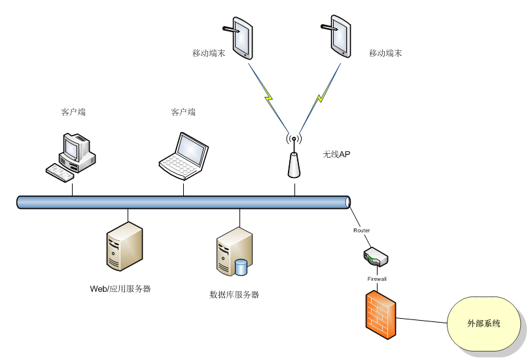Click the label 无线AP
(x=336, y=154)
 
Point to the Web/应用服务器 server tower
(x=124, y=246)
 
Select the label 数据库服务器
(x=234, y=295)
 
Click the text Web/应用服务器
(x=120, y=289)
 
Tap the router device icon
(x=376, y=257)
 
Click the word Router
(x=362, y=230)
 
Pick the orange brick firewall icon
(x=380, y=315)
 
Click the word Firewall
(x=377, y=279)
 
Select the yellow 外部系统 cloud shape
(x=484, y=324)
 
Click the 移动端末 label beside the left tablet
(x=209, y=53)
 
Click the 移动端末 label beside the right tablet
(x=385, y=53)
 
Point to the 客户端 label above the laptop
(x=183, y=113)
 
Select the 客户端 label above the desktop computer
(x=73, y=113)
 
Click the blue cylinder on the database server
(x=241, y=267)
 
